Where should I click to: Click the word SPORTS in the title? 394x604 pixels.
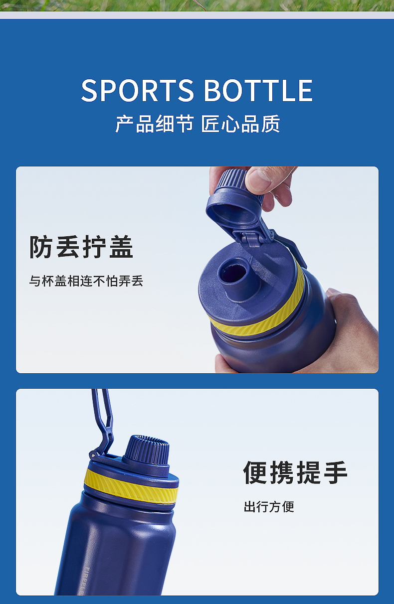(x=137, y=90)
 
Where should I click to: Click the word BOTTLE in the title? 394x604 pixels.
(x=258, y=90)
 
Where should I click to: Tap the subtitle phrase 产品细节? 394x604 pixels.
(x=155, y=124)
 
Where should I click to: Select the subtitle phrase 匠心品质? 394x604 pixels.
(x=240, y=124)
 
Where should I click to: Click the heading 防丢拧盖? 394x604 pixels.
(x=81, y=247)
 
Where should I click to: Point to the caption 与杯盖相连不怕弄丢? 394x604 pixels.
(x=86, y=281)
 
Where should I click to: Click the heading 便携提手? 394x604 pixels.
(x=295, y=472)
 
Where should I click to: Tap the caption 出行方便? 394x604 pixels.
(x=269, y=507)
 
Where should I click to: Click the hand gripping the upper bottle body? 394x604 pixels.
(x=351, y=332)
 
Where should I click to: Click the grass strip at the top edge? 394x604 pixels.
(x=197, y=5)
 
